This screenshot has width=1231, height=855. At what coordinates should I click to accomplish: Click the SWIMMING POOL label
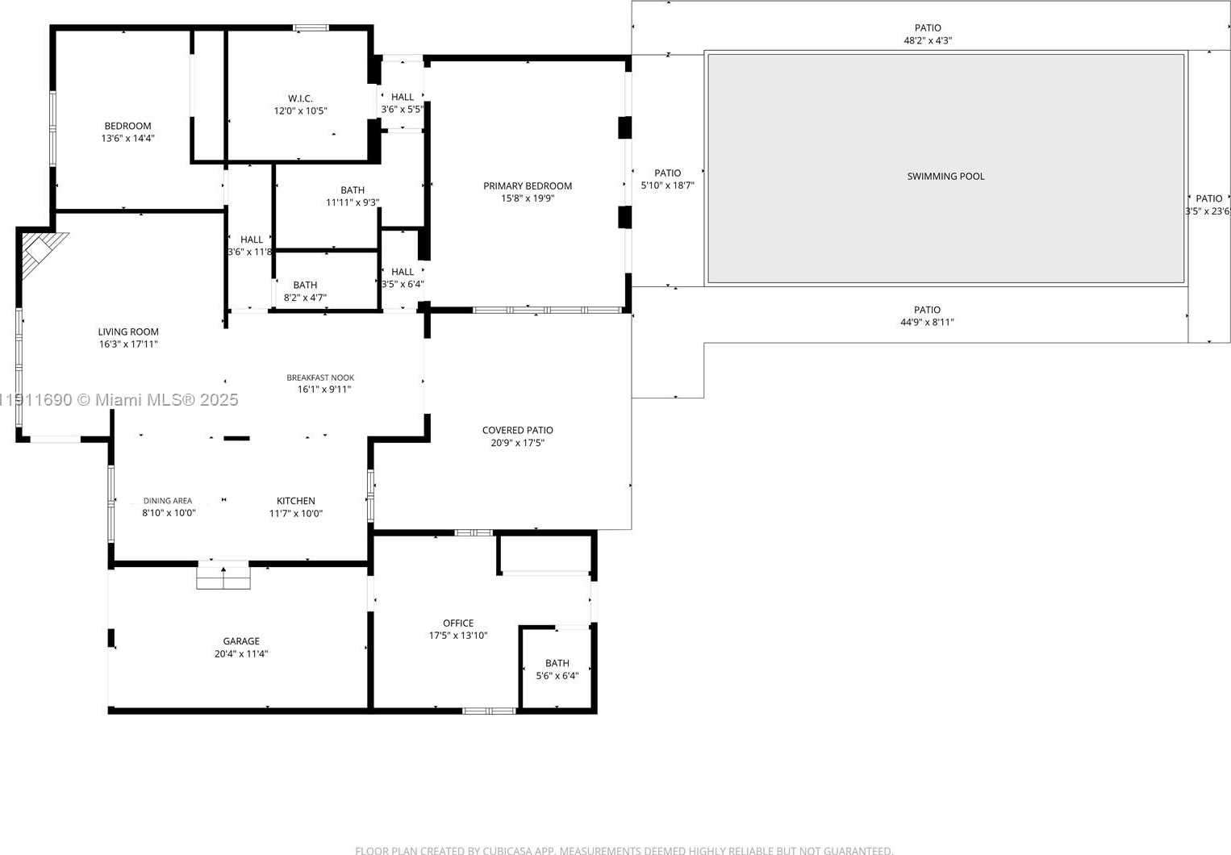pyautogui.click(x=945, y=176)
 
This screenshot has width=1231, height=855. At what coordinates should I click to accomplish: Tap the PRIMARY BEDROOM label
pyautogui.click(x=528, y=186)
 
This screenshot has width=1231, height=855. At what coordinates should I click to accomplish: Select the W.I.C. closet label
pyautogui.click(x=300, y=98)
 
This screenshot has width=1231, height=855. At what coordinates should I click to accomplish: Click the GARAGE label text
pyautogui.click(x=241, y=641)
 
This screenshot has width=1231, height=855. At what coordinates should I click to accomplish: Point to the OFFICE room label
pyautogui.click(x=458, y=623)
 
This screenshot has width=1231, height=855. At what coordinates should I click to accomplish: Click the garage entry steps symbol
pyautogui.click(x=223, y=577)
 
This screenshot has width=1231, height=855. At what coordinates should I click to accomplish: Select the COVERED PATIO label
pyautogui.click(x=518, y=430)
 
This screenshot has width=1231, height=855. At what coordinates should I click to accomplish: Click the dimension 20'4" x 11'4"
pyautogui.click(x=241, y=654)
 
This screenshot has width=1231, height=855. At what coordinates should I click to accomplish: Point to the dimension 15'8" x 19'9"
pyautogui.click(x=528, y=198)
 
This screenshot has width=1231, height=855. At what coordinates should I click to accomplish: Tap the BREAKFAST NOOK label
pyautogui.click(x=320, y=377)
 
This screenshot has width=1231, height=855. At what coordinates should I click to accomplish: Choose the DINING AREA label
pyautogui.click(x=168, y=501)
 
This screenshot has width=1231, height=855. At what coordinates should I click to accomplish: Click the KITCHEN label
pyautogui.click(x=296, y=501)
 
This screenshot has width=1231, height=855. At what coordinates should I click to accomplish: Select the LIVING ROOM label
pyautogui.click(x=128, y=332)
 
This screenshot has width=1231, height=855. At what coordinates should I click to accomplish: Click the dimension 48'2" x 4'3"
pyautogui.click(x=928, y=40)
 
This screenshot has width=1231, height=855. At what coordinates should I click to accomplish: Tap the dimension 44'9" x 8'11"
pyautogui.click(x=928, y=323)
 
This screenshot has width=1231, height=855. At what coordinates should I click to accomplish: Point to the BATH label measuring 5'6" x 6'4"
pyautogui.click(x=557, y=663)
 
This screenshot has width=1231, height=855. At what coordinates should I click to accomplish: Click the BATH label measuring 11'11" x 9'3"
pyautogui.click(x=353, y=190)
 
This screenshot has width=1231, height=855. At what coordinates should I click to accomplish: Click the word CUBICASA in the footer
pyautogui.click(x=511, y=850)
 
